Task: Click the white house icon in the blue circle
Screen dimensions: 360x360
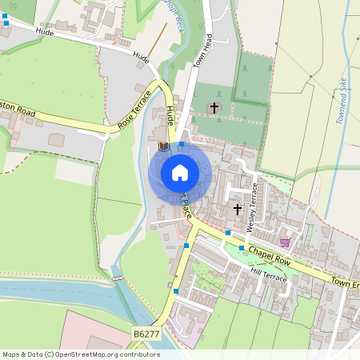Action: click(x=180, y=172)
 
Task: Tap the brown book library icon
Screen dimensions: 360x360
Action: click(x=163, y=146)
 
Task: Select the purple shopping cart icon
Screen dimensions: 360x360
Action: click(x=285, y=242)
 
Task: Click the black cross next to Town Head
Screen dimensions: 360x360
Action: click(x=214, y=106)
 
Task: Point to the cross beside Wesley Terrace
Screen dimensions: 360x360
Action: click(x=237, y=210)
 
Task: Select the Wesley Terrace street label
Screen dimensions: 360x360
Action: click(x=253, y=207)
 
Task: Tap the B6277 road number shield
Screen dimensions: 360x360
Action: click(x=146, y=333)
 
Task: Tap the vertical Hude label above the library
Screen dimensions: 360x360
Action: click(x=170, y=116)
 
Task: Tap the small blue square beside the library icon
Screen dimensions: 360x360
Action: click(x=182, y=145)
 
